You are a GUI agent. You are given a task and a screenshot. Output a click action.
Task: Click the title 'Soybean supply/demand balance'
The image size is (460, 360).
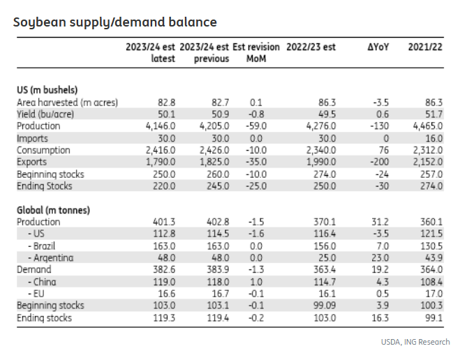click(115, 22)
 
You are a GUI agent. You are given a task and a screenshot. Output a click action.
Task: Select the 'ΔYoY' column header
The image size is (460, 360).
click(378, 47)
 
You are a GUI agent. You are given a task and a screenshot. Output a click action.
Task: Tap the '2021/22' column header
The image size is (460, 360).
click(426, 47)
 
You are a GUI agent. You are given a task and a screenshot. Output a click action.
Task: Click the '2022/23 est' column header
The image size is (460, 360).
click(311, 47)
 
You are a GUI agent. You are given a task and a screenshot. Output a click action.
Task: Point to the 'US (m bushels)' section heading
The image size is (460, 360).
click(47, 90)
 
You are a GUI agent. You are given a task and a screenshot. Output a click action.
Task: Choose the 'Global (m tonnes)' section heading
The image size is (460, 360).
click(54, 210)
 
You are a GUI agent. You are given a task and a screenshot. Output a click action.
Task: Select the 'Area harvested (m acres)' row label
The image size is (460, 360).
click(67, 103)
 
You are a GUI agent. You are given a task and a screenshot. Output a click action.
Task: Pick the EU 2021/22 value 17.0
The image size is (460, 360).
click(433, 294)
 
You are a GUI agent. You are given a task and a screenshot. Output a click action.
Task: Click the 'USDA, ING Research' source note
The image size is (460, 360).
click(415, 342)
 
